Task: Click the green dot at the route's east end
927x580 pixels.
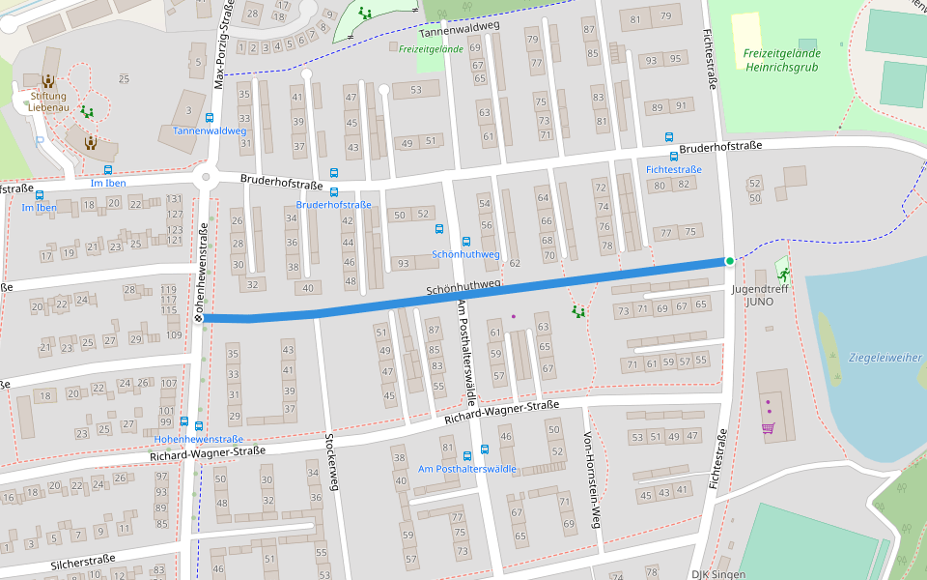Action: (730, 261)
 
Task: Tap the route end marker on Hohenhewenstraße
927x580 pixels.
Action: (198, 317)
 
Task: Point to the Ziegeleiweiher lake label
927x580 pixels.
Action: (885, 358)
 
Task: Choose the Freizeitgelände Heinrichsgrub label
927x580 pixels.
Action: (782, 59)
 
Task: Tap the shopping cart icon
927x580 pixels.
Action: (769, 428)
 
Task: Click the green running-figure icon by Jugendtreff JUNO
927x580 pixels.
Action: (782, 275)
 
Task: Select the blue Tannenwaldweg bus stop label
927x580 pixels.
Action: (210, 130)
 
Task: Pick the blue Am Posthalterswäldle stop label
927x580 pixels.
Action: (467, 469)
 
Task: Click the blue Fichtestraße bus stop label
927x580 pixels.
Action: (673, 170)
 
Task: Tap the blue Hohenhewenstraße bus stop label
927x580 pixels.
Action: (198, 439)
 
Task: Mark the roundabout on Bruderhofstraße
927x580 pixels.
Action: (206, 177)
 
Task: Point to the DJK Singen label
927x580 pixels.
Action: (718, 574)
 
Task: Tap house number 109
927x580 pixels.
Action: (173, 335)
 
